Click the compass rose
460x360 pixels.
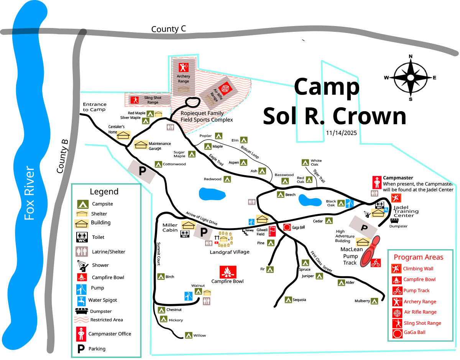pos(411,77)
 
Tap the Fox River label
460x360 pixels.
pos(30,193)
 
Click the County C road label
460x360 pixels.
pos(166,29)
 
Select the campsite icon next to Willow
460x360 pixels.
pos(188,335)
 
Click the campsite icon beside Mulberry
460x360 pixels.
pos(375,301)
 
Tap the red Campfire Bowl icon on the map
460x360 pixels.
pos(228,272)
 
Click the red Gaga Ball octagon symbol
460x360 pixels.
pos(287,227)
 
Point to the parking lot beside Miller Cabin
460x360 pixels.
pos(203,232)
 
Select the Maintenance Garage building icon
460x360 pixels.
pos(141,145)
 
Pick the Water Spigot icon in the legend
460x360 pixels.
pos(81,300)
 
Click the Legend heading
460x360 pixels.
pos(104,192)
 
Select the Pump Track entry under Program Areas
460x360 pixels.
pos(416,291)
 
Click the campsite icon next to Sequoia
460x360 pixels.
pos(288,299)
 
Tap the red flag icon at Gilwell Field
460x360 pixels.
pos(272,231)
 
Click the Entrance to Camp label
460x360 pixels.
pos(95,107)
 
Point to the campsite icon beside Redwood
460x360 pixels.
pos(227,179)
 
